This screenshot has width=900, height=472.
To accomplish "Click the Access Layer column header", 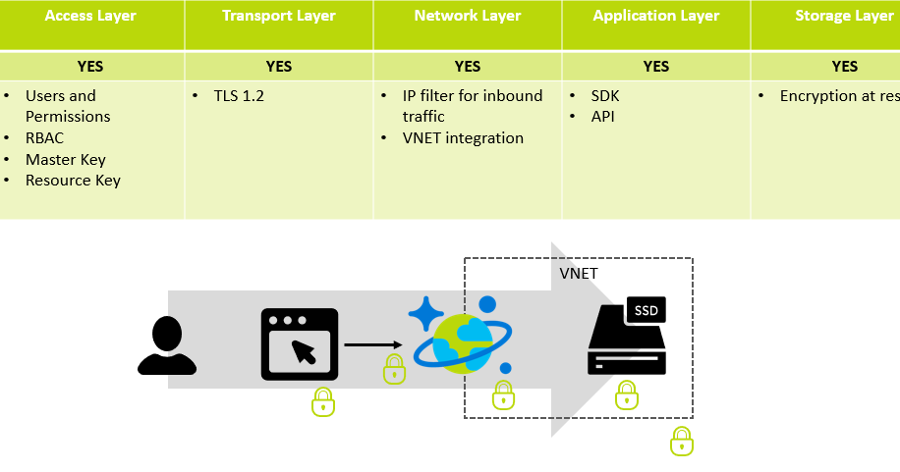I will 90,16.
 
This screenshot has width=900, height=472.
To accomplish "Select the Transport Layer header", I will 279,16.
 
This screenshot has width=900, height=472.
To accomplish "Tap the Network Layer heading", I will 468,16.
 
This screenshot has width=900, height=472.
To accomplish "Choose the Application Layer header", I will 656,16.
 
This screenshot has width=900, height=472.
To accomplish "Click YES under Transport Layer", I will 279,67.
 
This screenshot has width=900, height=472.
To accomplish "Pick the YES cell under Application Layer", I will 656,67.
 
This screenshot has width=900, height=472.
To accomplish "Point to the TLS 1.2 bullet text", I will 240,96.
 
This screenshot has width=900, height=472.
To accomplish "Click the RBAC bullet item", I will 45,138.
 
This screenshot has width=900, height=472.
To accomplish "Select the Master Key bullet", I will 66,159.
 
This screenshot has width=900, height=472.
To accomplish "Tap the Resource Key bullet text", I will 73,180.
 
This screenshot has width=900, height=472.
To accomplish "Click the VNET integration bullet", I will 463,138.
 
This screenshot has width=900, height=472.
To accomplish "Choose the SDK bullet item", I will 605,96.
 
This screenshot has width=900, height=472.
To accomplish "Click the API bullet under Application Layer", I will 603,117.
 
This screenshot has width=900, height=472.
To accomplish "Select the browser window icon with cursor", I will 300,344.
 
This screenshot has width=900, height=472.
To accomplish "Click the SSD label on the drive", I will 646,311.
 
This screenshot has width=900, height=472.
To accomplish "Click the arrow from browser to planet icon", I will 373,344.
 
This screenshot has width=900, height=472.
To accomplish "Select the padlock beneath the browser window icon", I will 323,401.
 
